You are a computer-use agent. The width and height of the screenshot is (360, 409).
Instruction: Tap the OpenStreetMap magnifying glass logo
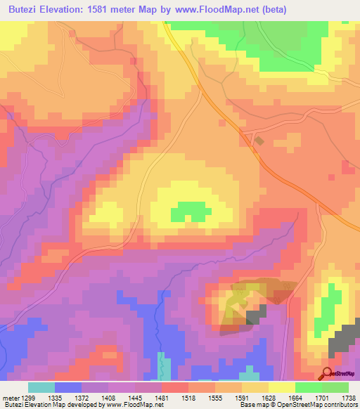tap(327, 374)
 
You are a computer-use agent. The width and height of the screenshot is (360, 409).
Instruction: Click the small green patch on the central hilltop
tap(186, 210)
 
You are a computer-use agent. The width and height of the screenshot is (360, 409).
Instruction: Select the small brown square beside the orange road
tap(259, 141)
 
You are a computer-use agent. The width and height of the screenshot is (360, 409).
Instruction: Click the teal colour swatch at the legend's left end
tap(41, 387)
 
